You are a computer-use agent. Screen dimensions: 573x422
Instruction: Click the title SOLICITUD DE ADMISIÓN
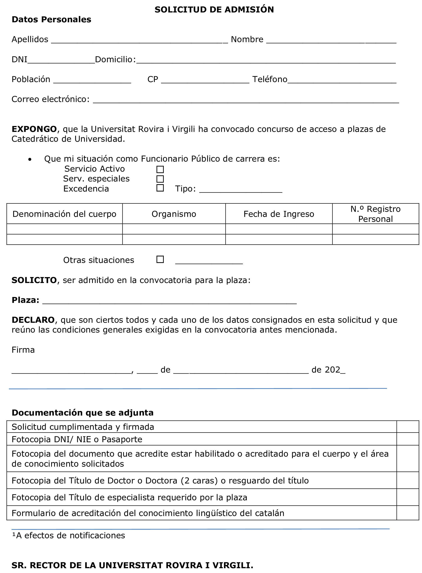pos(214,10)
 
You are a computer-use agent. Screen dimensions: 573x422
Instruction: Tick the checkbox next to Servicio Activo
pos(160,169)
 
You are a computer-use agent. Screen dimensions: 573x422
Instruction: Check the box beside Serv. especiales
pos(160,179)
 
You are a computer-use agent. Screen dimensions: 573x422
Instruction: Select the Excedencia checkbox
pos(160,188)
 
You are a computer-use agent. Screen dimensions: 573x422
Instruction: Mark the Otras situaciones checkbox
pos(160,259)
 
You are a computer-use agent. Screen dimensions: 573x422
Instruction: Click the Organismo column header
pos(174,214)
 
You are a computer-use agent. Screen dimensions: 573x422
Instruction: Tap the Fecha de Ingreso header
pos(279,214)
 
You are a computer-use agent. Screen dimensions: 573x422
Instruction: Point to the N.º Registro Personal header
pos(375,214)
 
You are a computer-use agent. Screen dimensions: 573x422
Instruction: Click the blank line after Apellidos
pos(139,41)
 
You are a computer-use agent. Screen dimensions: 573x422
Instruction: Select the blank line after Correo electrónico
pos(246,100)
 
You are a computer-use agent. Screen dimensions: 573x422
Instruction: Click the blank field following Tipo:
pos(240,190)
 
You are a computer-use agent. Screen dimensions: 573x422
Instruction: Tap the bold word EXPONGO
pos(34,129)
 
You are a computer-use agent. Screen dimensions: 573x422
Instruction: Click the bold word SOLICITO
pos(34,280)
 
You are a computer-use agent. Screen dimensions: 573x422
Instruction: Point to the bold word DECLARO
pos(33,320)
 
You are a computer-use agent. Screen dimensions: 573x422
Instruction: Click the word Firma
pos(23,350)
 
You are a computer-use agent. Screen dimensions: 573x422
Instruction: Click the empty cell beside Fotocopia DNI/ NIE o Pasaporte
pos(407,439)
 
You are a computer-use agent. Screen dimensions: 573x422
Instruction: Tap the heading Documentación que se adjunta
pos(82,412)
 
